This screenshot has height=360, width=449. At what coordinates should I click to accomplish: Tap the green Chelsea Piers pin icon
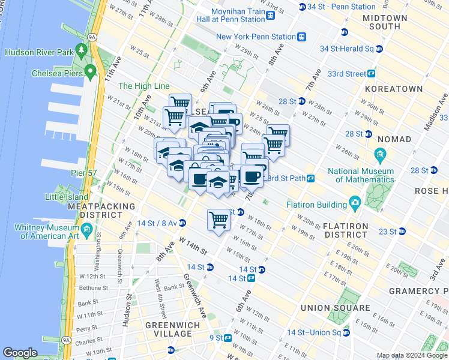(90, 73)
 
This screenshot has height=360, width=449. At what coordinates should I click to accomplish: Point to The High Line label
(143, 86)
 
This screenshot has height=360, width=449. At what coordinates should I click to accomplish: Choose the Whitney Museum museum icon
(86, 230)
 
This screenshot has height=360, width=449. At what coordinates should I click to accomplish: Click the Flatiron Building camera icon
(355, 203)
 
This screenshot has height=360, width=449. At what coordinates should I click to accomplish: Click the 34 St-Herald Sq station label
(347, 49)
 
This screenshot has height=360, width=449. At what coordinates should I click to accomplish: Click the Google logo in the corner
(20, 353)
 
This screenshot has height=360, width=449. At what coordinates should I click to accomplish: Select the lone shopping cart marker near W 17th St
(219, 219)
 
